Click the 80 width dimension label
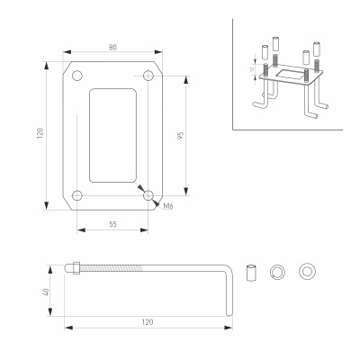point(112,48)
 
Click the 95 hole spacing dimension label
point(180,135)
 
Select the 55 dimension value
point(112,224)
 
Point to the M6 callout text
point(168,206)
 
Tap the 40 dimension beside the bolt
point(46,292)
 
